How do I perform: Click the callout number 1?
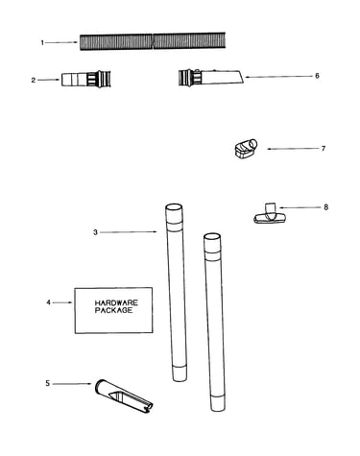pos(42,42)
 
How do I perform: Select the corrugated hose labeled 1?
pos(153,41)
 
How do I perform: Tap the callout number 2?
pos(34,81)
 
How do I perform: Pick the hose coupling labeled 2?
pos(86,79)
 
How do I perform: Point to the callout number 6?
pos(317,76)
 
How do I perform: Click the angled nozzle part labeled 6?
pos(211,77)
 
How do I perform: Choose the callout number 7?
pos(324,149)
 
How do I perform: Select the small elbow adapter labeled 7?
pos(246,149)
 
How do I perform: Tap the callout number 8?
pos(325,207)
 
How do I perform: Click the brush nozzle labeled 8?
pos(270,213)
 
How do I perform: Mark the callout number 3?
pos(95,232)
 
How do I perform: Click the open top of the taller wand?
pos(174,206)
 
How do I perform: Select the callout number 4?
pos(48,302)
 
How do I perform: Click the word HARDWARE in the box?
pos(116,302)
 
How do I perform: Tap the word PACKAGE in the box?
pos(113,310)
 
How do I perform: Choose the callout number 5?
pos(47,383)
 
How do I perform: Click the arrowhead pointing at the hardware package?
pos(70,302)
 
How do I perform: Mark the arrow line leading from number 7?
pos(293,149)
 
